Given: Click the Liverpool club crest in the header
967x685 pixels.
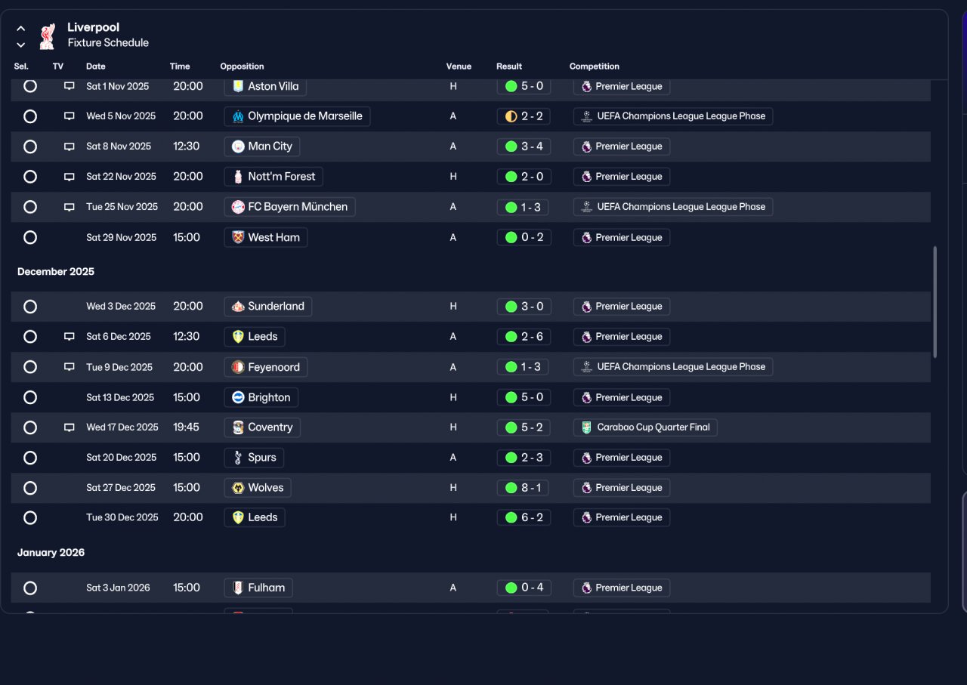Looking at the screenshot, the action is point(48,36).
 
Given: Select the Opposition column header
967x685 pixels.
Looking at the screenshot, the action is point(242,66).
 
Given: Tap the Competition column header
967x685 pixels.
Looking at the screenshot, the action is point(594,66).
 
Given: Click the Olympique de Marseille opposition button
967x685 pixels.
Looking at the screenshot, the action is point(297,116).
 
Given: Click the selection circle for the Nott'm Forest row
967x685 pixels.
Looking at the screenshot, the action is point(30,177).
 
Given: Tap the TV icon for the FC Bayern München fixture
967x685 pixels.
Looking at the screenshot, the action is point(69,207).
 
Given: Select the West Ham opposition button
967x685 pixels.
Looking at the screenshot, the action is point(265,237).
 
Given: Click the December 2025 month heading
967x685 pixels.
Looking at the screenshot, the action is point(56,271).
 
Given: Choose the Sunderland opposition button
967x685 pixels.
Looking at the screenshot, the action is point(267,307).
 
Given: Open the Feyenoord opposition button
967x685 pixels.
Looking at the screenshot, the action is point(265,367).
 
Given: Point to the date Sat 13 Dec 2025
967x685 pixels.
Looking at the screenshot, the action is point(120,397).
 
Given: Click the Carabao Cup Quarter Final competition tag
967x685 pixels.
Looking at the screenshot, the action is point(645,427).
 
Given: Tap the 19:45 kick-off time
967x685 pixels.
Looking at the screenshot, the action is point(186,427).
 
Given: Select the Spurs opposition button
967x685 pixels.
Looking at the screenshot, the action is point(254,458).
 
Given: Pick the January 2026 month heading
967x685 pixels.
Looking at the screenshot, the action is point(51,553).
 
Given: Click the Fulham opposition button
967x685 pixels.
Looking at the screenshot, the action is point(258,588).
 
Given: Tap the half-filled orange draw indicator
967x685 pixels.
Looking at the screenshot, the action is point(511,116).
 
